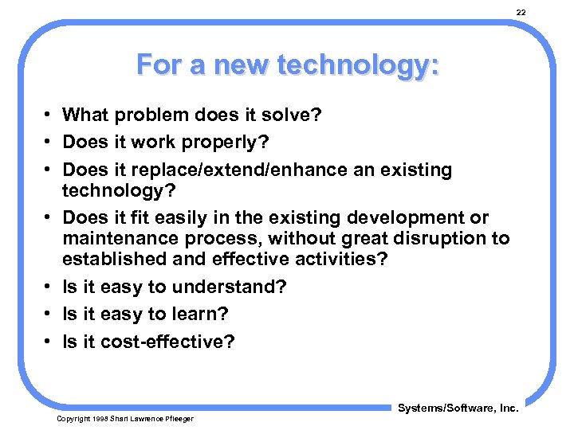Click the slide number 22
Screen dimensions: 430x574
point(521,13)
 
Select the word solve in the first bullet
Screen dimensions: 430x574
point(292,115)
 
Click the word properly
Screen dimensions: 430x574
point(238,142)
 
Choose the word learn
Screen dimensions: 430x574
point(188,314)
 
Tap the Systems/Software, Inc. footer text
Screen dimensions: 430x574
point(458,408)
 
